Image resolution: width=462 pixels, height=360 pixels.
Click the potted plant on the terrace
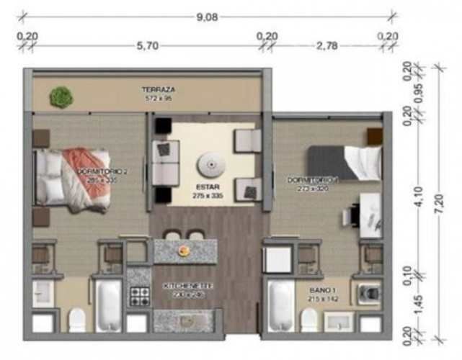(x=61, y=96)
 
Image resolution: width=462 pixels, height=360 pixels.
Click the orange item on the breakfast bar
(x=184, y=250)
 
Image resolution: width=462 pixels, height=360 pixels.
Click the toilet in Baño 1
(x=309, y=319)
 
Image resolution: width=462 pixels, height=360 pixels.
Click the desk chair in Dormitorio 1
(x=353, y=214)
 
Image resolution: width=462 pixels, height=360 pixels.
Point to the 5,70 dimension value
(x=148, y=45)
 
